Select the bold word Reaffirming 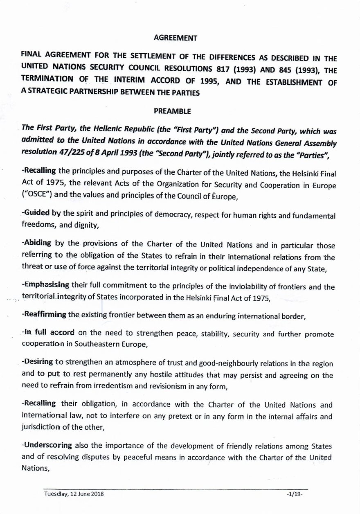pyautogui.click(x=45, y=315)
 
